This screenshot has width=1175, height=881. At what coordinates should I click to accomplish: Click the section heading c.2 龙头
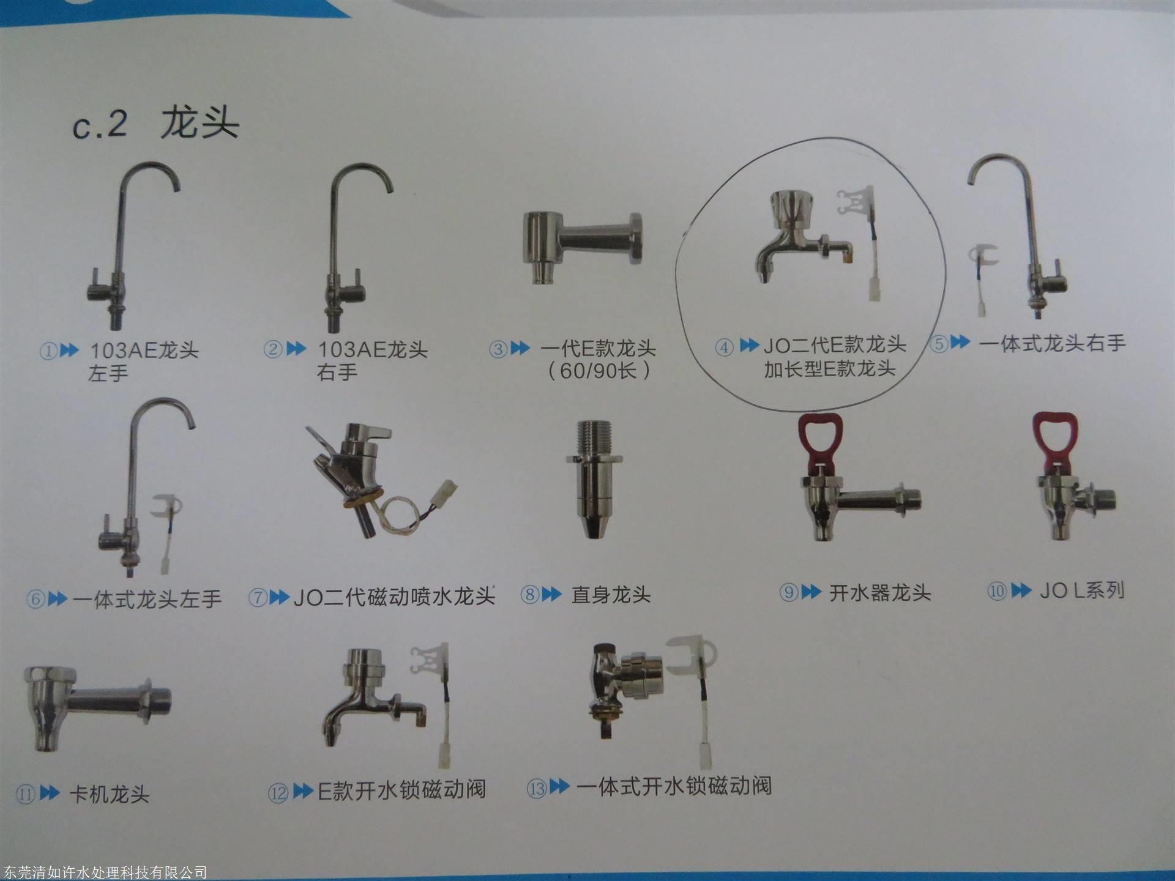click(x=155, y=124)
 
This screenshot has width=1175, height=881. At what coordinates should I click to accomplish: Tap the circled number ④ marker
click(x=725, y=348)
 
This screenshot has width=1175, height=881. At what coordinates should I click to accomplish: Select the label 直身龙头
click(x=611, y=595)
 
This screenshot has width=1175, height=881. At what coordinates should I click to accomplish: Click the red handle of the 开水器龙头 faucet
click(x=820, y=440)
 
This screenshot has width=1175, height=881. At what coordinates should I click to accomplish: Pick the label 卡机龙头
click(x=110, y=794)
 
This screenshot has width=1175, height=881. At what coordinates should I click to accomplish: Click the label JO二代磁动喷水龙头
click(x=394, y=597)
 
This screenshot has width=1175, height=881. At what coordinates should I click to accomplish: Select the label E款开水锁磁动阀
click(x=402, y=790)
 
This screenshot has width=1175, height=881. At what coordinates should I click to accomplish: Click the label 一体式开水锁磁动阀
click(x=674, y=786)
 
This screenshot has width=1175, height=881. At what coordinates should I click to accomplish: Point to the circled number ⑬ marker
click(x=537, y=788)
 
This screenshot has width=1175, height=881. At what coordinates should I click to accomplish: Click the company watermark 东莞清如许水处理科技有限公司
click(x=104, y=872)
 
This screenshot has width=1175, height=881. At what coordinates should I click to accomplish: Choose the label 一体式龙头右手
click(x=1052, y=343)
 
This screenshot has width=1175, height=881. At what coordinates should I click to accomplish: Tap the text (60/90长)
click(x=599, y=371)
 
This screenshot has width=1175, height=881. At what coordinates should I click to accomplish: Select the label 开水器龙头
click(x=880, y=593)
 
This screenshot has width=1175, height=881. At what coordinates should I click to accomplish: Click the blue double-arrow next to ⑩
click(x=1021, y=591)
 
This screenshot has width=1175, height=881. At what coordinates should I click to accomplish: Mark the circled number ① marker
click(x=48, y=351)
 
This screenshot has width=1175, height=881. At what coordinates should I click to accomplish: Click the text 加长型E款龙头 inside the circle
click(x=829, y=369)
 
